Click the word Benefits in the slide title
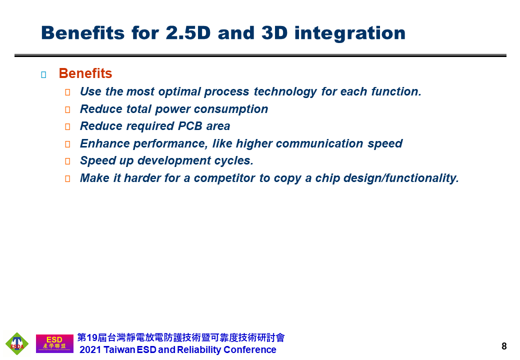pos(83,33)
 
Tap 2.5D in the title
pos(188,33)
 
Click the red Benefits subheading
pos(85,73)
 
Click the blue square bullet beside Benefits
pos(43,74)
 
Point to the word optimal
pos(179,92)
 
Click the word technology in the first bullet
pos(285,92)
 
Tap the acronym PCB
pos(190,126)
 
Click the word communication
pos(319,143)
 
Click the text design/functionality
pos(401,178)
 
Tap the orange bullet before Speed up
pos(67,161)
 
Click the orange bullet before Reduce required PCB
pos(67,126)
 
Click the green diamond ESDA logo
pos(17,344)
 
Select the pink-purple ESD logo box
pos(54,344)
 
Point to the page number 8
pos(504,346)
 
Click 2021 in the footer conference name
pos(90,349)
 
